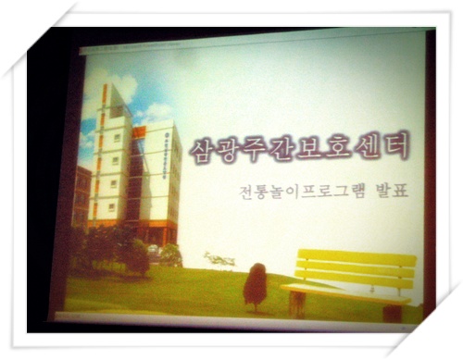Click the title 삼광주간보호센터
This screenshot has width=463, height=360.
click(299, 148)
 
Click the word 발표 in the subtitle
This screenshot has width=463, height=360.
click(391, 192)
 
